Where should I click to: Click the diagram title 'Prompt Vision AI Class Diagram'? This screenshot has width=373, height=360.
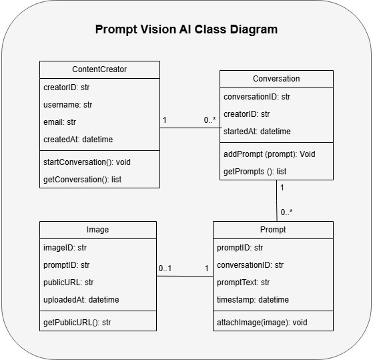pos(186,29)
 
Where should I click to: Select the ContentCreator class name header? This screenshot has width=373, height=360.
pos(99,69)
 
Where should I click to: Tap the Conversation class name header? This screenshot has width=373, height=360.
pos(276,79)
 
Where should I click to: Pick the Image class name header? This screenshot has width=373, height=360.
pos(98,230)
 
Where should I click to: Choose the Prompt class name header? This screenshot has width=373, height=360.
pos(273,230)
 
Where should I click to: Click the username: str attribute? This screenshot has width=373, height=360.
pos(67,104)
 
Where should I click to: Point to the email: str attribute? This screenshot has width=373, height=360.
pos(59,122)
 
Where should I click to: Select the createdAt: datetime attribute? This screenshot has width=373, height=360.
pos(78,140)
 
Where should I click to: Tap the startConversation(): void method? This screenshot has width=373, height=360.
pos(87,162)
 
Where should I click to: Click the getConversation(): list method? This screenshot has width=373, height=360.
pos(82,180)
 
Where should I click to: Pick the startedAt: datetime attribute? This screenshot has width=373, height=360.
pos(257,131)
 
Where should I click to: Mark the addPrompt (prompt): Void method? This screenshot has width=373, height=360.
pos(270,154)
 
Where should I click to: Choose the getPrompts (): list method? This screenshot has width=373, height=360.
pos(255,172)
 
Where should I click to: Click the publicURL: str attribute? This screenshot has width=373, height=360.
pos(68,283)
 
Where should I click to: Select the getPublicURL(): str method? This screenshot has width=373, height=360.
pos(77,323)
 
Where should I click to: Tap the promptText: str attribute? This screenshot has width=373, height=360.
pos(243,283)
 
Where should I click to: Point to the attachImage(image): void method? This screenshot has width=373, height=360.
pos(262,323)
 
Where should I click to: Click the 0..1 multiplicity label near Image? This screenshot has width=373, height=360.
pos(165,268)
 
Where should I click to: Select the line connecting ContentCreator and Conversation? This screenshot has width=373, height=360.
pos(190,128)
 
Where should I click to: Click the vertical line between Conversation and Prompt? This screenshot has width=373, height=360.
pos(277,200)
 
